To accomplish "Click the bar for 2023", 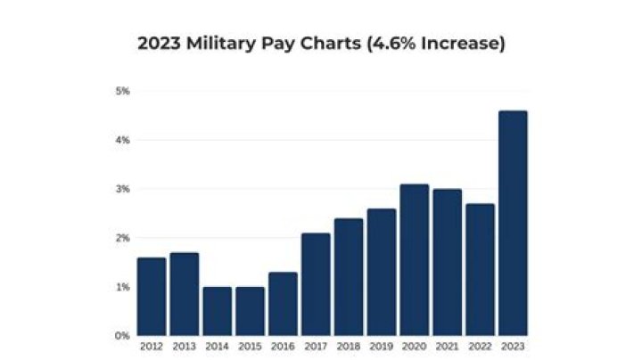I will [513, 223].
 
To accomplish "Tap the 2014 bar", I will [218, 311].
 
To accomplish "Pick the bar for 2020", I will [415, 259].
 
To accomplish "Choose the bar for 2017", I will [316, 284].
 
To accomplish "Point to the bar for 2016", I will [283, 304].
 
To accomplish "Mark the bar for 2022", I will [480, 269].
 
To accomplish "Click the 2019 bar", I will [382, 272].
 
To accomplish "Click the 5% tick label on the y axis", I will [123, 91].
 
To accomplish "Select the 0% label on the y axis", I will [123, 336].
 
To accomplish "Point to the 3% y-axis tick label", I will [123, 189].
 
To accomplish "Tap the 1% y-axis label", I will [123, 287].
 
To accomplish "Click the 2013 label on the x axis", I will [185, 346].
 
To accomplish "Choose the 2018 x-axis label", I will [349, 346].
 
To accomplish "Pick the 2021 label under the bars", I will [447, 346].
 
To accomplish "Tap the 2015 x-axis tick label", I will [250, 346].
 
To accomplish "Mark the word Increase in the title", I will [463, 43].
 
